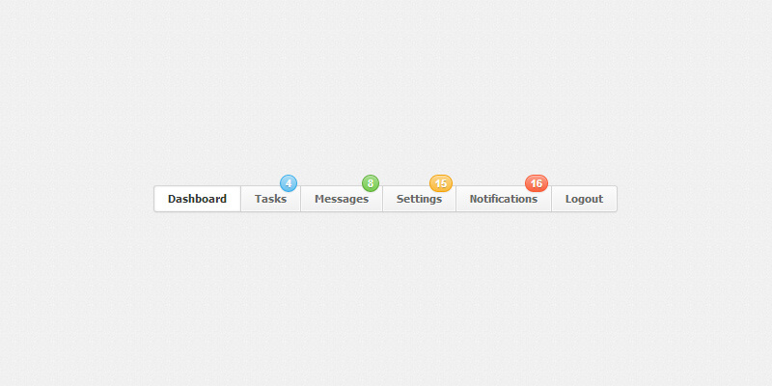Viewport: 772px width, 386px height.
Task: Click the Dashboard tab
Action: pyautogui.click(x=198, y=199)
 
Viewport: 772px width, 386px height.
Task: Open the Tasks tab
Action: pyautogui.click(x=271, y=199)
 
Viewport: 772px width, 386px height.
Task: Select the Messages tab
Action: pyautogui.click(x=342, y=199)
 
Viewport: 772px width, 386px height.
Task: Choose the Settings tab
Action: pyautogui.click(x=420, y=199)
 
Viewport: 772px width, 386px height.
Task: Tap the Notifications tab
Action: pyautogui.click(x=504, y=199)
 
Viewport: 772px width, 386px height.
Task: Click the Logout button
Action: pyautogui.click(x=584, y=199)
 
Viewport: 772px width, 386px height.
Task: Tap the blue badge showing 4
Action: pyautogui.click(x=289, y=183)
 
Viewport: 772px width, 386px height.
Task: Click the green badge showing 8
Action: pyautogui.click(x=371, y=183)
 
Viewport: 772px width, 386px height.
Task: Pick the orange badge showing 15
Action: pyautogui.click(x=441, y=183)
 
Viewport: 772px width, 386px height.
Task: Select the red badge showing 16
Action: pyautogui.click(x=537, y=183)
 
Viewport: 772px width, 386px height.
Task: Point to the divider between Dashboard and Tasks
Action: pyautogui.click(x=240, y=199)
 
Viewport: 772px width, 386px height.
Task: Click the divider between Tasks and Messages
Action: pyautogui.click(x=301, y=199)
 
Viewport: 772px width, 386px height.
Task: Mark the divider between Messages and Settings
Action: pyautogui.click(x=382, y=199)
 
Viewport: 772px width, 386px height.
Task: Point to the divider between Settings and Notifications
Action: pyautogui.click(x=455, y=199)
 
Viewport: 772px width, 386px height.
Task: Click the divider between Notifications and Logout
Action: pyautogui.click(x=551, y=199)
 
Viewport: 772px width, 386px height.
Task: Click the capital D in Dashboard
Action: pyautogui.click(x=173, y=199)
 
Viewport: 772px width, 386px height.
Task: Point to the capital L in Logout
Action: pyautogui.click(x=568, y=199)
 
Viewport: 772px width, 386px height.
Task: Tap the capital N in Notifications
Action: pyautogui.click(x=474, y=199)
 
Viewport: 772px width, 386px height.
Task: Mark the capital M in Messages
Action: pyautogui.click(x=319, y=199)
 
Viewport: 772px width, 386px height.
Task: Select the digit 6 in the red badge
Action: pyautogui.click(x=539, y=184)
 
